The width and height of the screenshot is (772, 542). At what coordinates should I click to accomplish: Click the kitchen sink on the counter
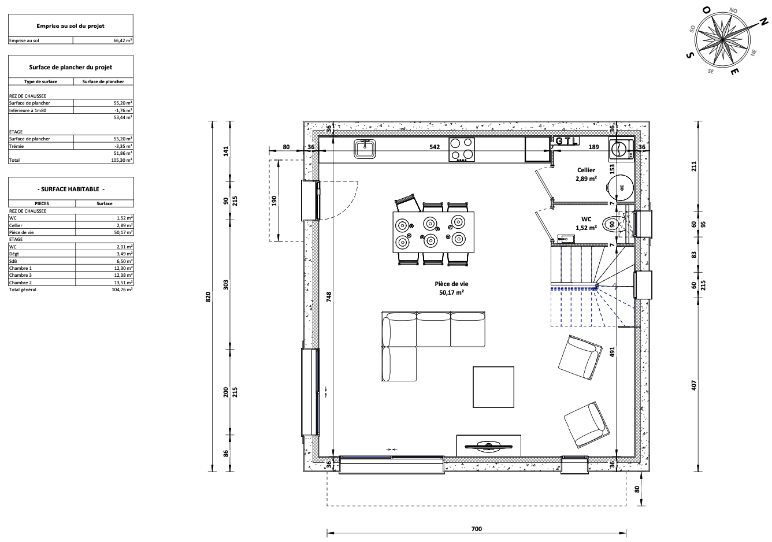tap(365, 149)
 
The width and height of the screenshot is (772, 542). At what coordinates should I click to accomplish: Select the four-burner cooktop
tap(462, 150)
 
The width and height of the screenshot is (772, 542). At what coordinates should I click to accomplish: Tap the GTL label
tap(566, 141)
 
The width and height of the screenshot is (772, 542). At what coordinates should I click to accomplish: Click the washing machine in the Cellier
tap(621, 149)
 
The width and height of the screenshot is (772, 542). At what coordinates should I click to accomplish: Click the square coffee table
tap(493, 387)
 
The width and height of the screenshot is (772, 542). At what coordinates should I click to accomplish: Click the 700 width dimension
tap(476, 529)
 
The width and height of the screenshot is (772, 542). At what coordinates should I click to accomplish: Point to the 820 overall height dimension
tap(208, 296)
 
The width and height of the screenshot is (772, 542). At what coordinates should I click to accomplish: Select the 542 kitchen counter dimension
tap(435, 147)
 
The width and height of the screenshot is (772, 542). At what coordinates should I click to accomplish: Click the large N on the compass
tap(764, 23)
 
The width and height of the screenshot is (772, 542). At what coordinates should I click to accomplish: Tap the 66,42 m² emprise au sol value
tap(123, 40)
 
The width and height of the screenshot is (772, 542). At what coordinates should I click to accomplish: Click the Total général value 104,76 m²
tap(122, 289)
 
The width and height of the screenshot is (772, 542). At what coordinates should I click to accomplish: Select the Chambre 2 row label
tap(20, 283)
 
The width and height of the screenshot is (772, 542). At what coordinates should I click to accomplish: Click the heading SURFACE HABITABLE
tap(70, 189)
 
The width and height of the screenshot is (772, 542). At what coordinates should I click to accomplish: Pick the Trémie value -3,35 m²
tap(124, 146)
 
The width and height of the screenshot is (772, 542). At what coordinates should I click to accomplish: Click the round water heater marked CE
tap(621, 188)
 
